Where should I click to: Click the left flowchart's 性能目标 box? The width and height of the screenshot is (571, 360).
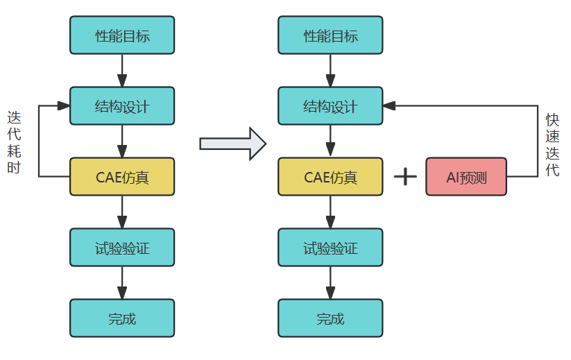tap(122, 35)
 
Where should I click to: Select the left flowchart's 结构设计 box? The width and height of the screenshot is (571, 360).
tap(122, 106)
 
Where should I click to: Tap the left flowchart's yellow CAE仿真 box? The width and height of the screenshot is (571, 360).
tap(122, 177)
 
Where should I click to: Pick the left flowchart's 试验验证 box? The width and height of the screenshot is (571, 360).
tap(122, 248)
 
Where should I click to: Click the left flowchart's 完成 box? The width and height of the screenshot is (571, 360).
tap(122, 318)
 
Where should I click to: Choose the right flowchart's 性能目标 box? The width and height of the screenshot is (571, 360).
tap(330, 35)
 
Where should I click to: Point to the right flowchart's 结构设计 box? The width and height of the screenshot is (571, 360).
tap(330, 106)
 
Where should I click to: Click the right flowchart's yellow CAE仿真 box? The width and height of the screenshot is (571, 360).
tap(330, 177)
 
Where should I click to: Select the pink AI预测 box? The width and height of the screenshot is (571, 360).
tap(466, 177)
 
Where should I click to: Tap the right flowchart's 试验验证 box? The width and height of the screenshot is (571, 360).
tap(330, 248)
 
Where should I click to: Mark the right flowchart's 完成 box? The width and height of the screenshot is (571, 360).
tap(330, 318)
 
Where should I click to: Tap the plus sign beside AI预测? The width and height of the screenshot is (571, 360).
tap(405, 176)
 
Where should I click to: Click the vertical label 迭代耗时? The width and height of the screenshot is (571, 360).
tap(14, 142)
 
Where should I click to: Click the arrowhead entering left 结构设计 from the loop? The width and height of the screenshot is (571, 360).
tap(64, 106)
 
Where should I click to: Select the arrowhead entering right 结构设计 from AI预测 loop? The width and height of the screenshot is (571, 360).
tap(389, 106)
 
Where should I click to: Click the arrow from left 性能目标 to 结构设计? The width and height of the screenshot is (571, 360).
tap(122, 70)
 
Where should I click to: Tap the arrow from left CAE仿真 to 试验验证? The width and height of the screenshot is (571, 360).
tap(122, 212)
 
